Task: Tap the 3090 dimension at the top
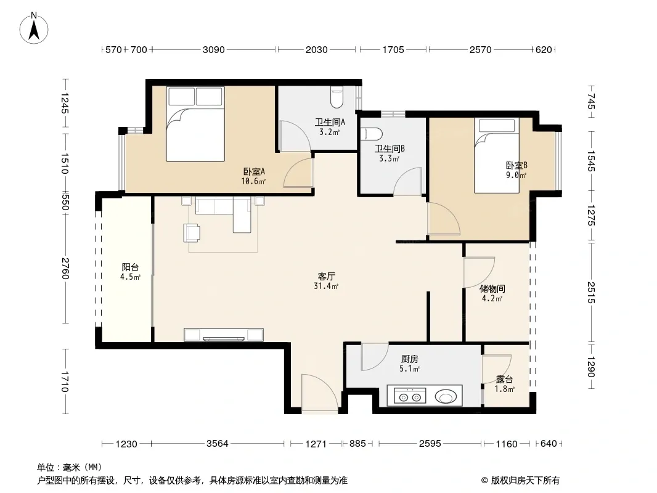point(214,50)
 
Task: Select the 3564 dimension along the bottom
point(217,444)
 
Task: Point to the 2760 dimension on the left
point(65,269)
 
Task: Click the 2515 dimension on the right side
point(591,293)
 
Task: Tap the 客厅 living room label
point(326,277)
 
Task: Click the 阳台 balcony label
point(130,267)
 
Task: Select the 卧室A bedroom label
point(254,172)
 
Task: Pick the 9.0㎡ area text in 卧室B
point(516,176)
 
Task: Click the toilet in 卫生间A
point(337,97)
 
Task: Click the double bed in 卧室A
point(195,124)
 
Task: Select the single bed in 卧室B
point(497,155)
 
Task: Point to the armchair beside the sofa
point(192,233)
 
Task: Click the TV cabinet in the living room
point(224,335)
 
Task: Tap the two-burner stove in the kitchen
point(410,396)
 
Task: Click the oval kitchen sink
point(446,396)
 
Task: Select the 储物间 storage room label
point(492,289)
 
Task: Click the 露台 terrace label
point(504,380)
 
